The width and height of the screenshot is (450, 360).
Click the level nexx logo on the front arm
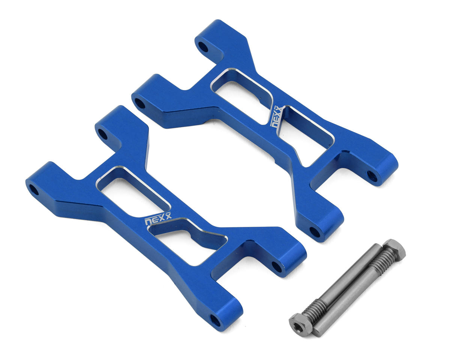(x=158, y=219)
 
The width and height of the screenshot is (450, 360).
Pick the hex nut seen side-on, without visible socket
(x=394, y=250)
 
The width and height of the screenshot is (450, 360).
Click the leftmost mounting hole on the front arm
(x=34, y=189)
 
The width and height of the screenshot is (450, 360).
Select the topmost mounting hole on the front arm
(x=103, y=134)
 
